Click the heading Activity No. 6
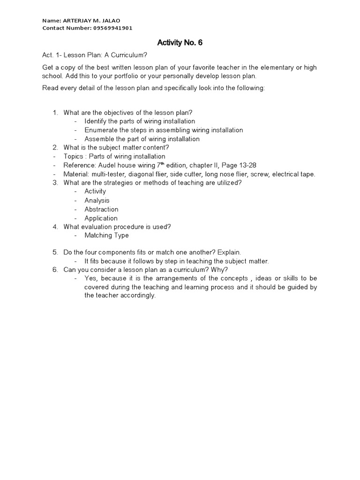180,43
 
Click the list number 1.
54,112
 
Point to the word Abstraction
101,209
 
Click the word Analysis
97,200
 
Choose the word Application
101,218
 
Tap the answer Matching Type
106,235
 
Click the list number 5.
54,252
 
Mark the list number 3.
54,182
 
